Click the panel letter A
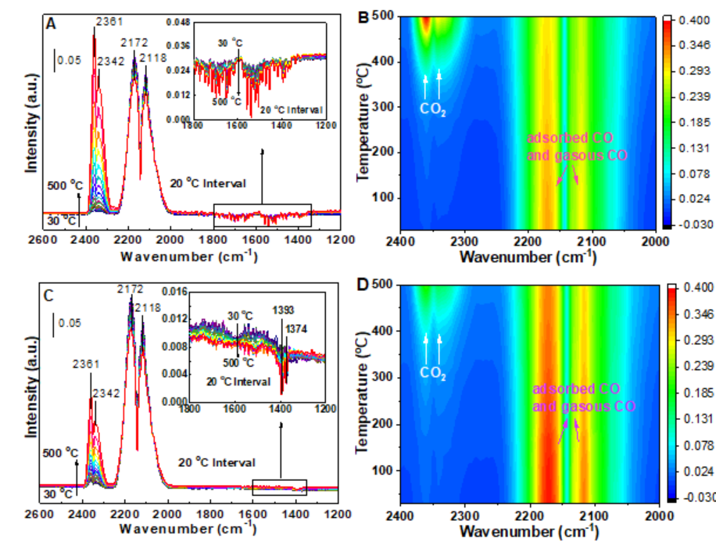[x=51, y=24]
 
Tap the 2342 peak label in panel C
[x=106, y=393]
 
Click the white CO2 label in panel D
[x=433, y=373]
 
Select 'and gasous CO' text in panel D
[x=583, y=407]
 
